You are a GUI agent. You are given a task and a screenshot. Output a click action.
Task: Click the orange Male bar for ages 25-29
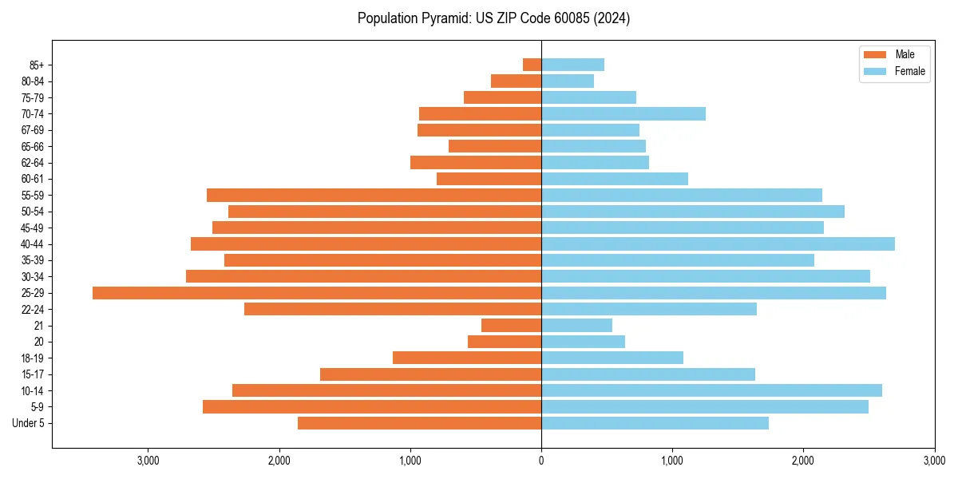point(317,293)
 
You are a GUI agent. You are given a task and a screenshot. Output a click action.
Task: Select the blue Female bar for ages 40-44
point(718,243)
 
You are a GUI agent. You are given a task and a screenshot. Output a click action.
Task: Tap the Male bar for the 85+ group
point(532,65)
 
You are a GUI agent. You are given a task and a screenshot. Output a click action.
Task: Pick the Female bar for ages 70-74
point(623,113)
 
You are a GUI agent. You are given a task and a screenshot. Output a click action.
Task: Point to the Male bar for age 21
point(511,326)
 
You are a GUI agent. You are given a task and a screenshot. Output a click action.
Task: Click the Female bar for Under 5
point(655,423)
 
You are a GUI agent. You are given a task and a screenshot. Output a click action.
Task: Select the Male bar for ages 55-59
point(374,195)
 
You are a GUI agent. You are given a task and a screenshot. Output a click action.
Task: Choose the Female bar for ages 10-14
point(711,390)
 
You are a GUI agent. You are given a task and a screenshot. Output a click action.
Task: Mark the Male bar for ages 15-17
point(430,374)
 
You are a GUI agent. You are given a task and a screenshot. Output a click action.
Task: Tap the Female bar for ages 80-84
point(568,81)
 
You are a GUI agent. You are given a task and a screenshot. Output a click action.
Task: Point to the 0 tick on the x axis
point(541,461)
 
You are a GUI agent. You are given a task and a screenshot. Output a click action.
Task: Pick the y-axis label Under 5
point(28,423)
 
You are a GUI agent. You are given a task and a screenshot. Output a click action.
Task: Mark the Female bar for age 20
point(583,342)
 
